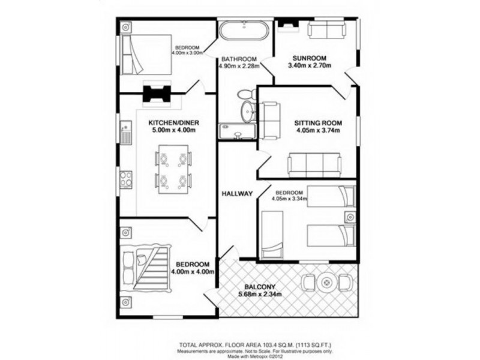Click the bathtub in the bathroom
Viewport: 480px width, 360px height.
pos(244,31)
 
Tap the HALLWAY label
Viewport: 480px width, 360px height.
pos(236,193)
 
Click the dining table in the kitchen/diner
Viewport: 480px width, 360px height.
pos(173,169)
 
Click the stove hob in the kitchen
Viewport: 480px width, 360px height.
pos(126,178)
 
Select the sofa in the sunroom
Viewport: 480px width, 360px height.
pos(326,29)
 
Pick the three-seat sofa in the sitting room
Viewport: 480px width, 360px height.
pos(313,164)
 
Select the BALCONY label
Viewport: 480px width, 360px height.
pos(255,286)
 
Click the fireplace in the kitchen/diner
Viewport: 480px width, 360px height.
pos(158,94)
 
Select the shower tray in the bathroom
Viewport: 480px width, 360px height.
pos(237,131)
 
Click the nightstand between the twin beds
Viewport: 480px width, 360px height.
pos(349,217)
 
